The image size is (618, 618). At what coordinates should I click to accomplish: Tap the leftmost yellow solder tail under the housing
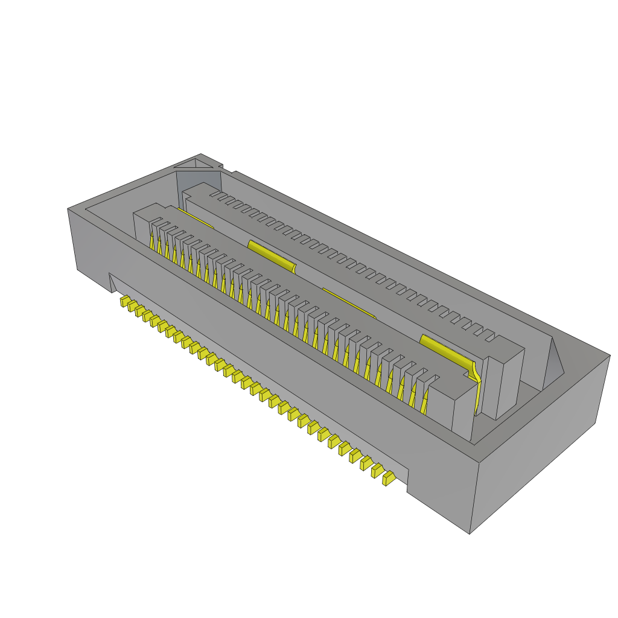[x=125, y=301]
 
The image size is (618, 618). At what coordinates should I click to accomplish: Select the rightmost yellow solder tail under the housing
[x=389, y=479]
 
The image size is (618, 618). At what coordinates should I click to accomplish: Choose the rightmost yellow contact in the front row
[x=427, y=403]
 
